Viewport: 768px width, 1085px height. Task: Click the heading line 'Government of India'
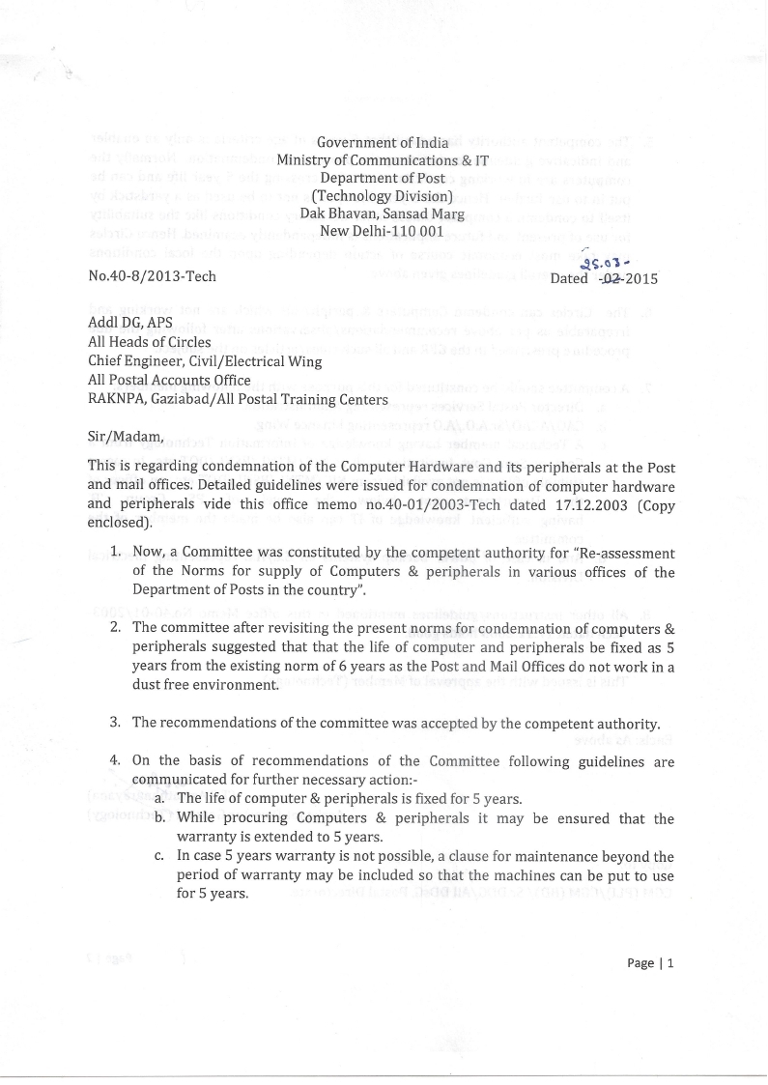click(x=383, y=143)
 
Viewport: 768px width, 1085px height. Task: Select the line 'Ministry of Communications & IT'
click(x=383, y=160)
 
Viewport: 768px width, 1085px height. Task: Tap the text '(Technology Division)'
click(x=383, y=195)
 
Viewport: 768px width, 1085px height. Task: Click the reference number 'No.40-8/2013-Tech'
click(x=152, y=277)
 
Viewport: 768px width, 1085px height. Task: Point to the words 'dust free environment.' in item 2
click(x=206, y=685)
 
